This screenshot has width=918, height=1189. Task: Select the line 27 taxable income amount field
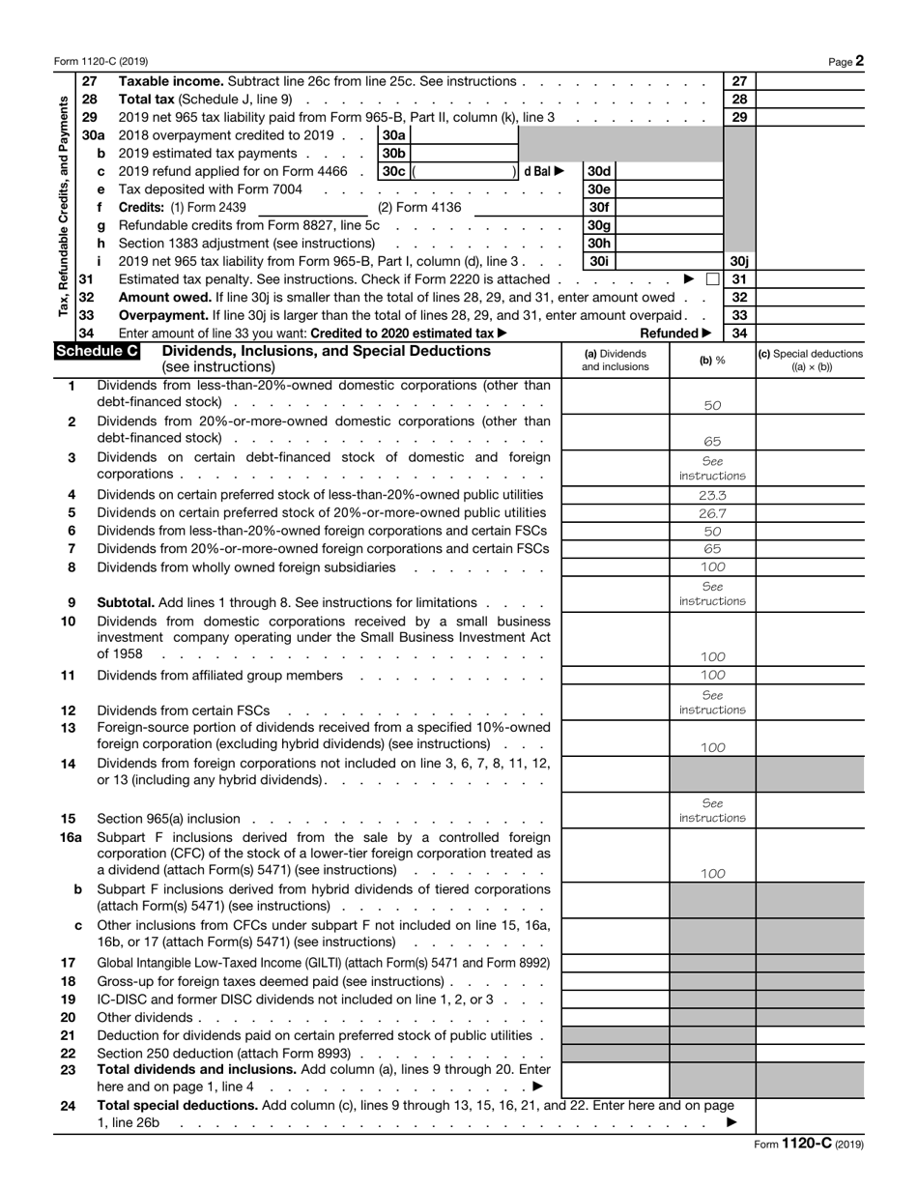pos(811,82)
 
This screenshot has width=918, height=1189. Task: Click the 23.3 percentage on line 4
pos(711,495)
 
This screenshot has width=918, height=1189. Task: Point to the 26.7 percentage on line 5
pos(711,513)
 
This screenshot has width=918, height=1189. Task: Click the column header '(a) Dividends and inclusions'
pos(615,360)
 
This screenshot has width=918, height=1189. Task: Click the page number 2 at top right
pos(859,61)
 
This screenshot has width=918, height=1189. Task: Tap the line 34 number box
pos(739,333)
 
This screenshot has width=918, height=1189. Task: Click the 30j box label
pos(739,261)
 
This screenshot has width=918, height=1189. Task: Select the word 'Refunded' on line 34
pos(670,333)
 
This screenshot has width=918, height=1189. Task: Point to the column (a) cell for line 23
pos(615,1077)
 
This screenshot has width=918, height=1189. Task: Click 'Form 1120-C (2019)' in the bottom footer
pos(808,1143)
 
